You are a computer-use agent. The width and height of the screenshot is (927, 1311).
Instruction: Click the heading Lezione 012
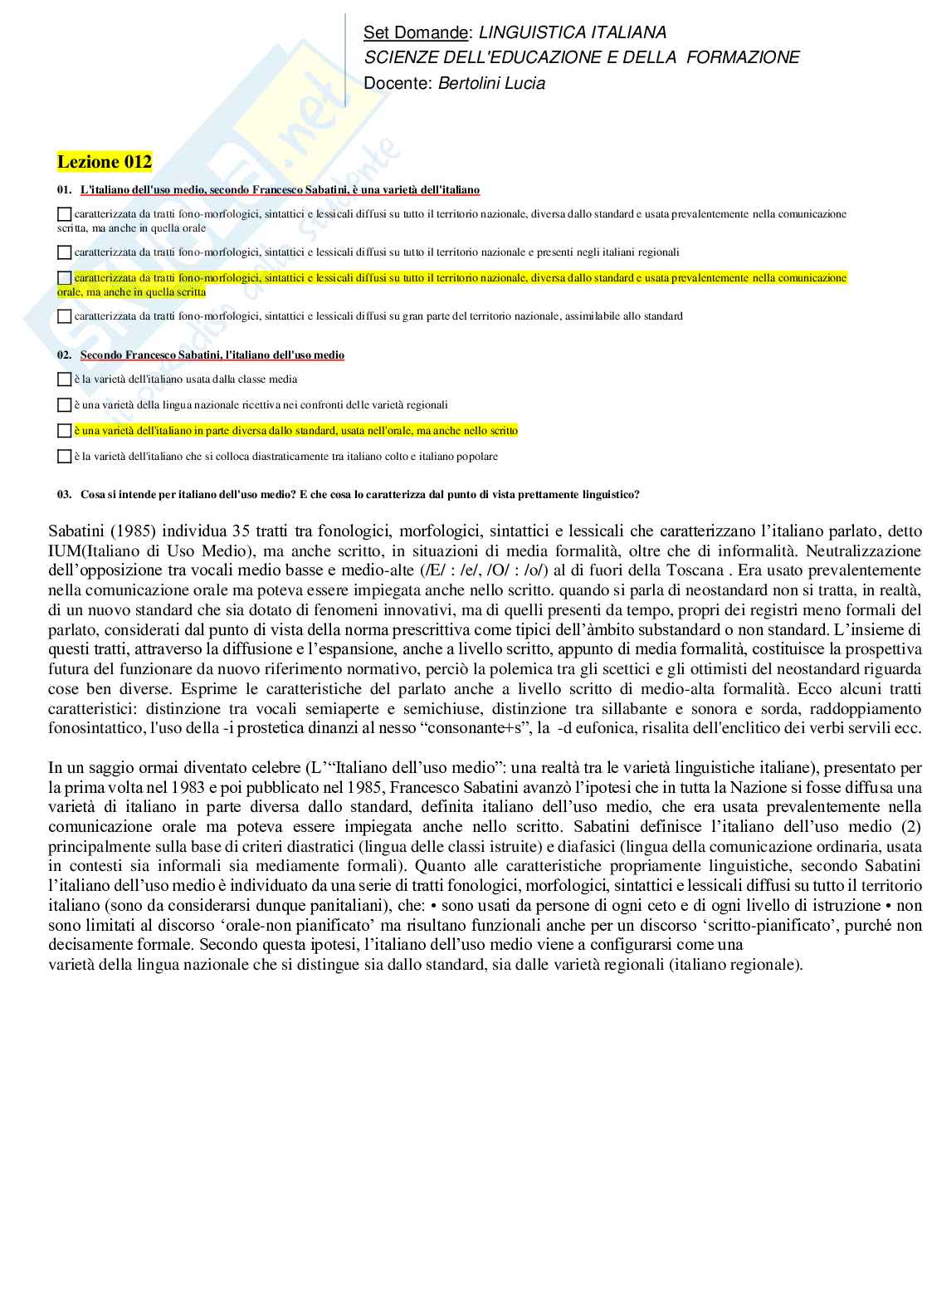tap(105, 162)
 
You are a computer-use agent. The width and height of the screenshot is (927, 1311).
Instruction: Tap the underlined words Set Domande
tap(415, 32)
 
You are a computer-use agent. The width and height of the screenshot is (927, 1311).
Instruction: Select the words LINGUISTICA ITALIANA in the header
tap(573, 32)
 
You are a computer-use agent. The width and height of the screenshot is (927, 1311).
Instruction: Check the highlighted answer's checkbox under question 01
tap(65, 277)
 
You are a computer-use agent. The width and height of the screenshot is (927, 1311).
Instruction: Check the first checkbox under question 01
tap(65, 214)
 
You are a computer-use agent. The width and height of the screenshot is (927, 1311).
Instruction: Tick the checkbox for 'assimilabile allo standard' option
tap(65, 316)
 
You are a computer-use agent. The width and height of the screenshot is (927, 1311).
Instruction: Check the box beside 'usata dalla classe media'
tap(65, 379)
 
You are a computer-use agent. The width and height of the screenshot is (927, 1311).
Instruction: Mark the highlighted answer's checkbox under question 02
tap(65, 431)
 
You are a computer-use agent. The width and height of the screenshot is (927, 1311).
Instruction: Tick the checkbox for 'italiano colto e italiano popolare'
tap(65, 457)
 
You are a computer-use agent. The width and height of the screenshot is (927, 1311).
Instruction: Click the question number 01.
tap(64, 190)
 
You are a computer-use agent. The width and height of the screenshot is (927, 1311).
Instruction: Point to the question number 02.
tap(64, 355)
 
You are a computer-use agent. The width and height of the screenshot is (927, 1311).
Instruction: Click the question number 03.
tap(64, 495)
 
